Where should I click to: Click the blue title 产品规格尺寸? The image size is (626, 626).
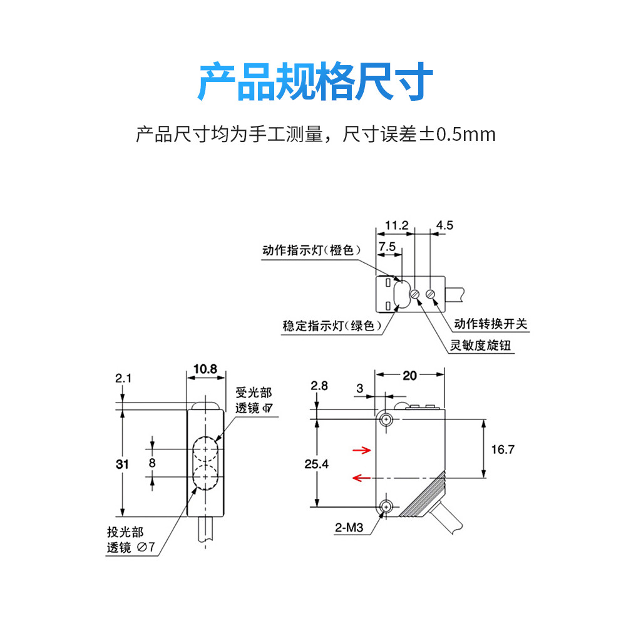pos(315,81)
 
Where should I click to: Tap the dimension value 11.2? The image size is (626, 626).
pos(396,225)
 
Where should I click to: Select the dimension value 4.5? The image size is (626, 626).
pos(444,225)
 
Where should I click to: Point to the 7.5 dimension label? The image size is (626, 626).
pos(387,247)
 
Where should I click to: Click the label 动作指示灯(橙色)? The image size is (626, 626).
pos(312,250)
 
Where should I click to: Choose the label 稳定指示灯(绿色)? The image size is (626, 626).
pos(332,326)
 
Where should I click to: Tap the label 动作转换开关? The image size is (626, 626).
pos(491,324)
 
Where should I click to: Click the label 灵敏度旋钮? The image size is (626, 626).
pos(480,345)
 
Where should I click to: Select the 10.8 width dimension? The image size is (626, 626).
pos(205,369)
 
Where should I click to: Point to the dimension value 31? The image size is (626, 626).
pos(122,464)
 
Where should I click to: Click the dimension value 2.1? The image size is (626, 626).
pos(123,378)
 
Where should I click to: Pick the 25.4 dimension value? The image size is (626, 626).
pos(316,464)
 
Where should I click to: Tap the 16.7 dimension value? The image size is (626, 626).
pos(503,449)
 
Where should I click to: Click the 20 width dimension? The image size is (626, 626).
pos(409,376)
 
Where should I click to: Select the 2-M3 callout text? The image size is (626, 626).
pos(349,528)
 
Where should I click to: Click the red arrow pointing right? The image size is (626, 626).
pos(362,450)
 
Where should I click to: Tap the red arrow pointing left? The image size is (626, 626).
pos(362,478)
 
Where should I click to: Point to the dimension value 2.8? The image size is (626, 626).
pos(319,386)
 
